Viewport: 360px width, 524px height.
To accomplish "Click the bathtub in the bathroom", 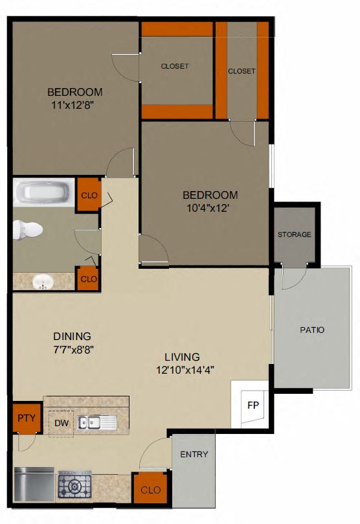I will pos(43,192).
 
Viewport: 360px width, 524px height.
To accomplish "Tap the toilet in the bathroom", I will pos(28,229).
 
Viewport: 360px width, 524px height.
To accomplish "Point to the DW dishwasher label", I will pos(62,423).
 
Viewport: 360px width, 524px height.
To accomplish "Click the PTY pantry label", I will pos(26,417).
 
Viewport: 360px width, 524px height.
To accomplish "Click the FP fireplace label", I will pos(253,406).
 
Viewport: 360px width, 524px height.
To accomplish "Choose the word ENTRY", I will pos(194,454).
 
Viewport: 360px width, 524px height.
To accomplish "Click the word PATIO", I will pos(312,330).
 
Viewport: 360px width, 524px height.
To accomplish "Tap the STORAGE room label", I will pos(295,234).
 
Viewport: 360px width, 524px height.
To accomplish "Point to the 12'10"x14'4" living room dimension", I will pos(185,370).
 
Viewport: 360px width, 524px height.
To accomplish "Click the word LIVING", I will pos(181,357).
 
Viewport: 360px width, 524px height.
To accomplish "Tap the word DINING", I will pos(71,336).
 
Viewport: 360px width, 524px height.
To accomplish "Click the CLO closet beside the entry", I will pos(151,490).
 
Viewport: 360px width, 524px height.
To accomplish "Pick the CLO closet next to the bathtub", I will pos(89,194).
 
